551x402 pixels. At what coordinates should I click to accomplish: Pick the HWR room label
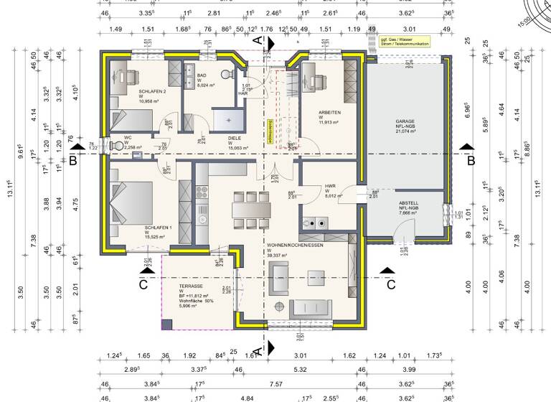click(x=331, y=187)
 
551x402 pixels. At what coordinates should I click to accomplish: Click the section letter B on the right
click(x=471, y=161)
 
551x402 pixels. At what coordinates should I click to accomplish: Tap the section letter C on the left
click(x=143, y=284)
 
